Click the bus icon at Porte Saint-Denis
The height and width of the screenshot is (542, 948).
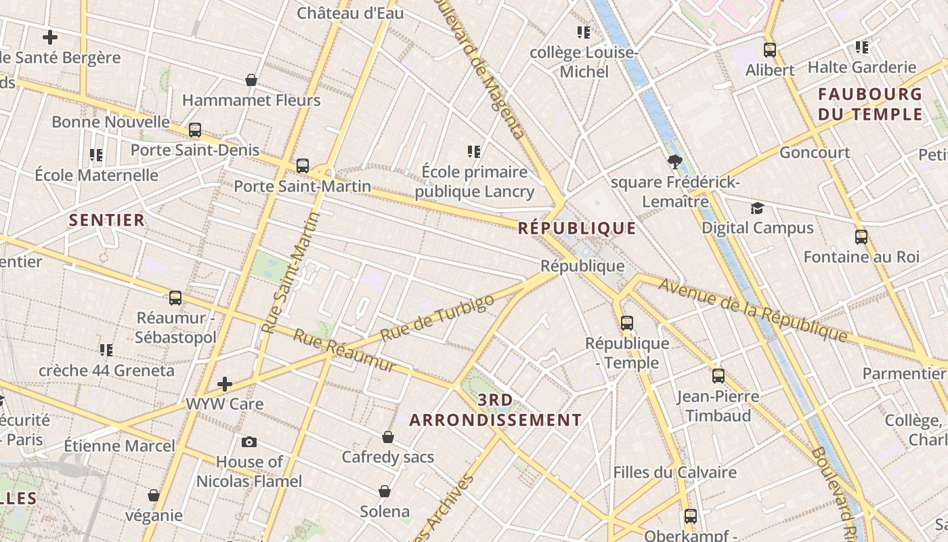point(195,130)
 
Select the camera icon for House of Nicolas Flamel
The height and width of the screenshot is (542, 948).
point(249,442)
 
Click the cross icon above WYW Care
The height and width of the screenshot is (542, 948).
point(225,385)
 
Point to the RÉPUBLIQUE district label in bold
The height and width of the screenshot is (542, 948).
point(577,228)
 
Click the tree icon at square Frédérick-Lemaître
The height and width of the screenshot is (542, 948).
point(674,162)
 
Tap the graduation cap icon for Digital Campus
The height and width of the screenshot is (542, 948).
point(757,208)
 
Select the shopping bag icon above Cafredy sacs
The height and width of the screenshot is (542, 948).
point(388,437)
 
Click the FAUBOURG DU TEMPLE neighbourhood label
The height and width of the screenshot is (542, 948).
point(870,104)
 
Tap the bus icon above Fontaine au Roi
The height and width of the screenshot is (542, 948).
point(861,237)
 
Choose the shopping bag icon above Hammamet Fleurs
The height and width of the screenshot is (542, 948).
point(251,80)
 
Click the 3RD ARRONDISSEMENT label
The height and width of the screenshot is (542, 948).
point(496,410)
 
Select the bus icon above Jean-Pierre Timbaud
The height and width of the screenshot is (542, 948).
point(718,376)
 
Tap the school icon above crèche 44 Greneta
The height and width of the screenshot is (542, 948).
point(106,350)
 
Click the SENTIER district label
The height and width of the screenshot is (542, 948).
point(107,220)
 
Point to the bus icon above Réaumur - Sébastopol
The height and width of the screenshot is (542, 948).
point(175,297)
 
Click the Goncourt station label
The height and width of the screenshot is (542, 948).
point(815,152)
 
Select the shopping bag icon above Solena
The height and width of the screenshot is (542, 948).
point(385,491)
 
